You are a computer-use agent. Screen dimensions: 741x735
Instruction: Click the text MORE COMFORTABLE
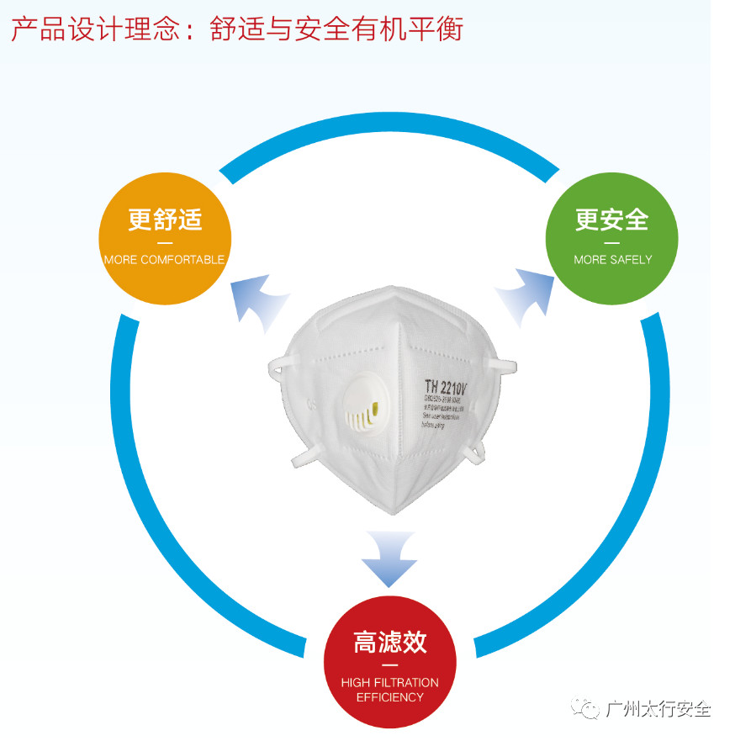coord(165,260)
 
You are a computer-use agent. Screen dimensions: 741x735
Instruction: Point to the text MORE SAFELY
coord(612,260)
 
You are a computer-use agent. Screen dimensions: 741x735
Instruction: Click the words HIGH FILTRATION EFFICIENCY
coord(389,690)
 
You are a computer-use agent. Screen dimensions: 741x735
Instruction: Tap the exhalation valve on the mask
coord(361,413)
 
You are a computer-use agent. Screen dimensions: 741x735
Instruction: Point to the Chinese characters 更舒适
coord(165,220)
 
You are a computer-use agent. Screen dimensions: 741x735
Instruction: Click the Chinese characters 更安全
coord(612,220)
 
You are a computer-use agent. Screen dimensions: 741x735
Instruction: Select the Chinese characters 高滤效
coord(389,643)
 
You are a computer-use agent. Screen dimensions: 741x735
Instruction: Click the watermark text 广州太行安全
coord(658,709)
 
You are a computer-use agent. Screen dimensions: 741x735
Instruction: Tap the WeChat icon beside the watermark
coord(586,708)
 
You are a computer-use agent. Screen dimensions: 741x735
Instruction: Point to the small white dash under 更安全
coord(612,243)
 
